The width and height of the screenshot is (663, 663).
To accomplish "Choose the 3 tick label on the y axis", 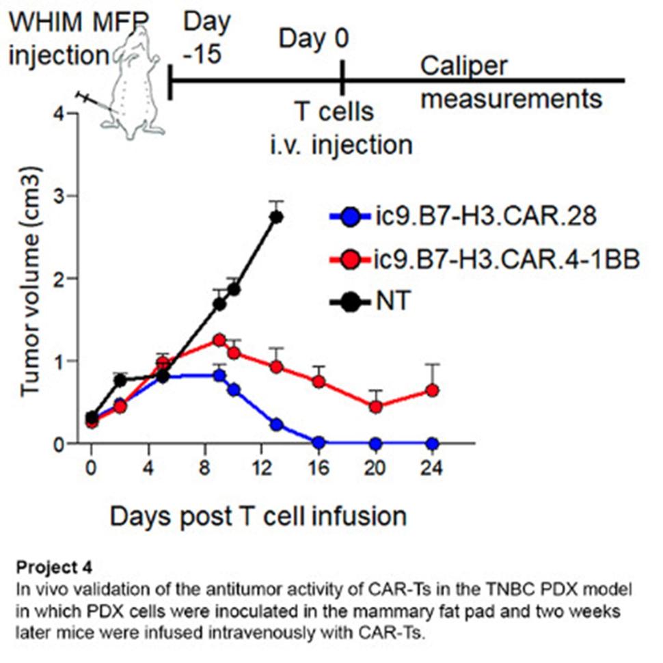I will coord(68,196).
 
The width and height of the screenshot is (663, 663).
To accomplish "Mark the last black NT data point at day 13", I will coord(277,217).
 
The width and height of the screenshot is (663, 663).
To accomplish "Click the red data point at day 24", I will coord(432,390).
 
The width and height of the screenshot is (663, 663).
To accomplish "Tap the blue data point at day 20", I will coord(375,444).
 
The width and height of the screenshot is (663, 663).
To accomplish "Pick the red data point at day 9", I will coord(219,340).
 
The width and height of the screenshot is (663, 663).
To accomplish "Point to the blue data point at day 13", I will coord(277,424).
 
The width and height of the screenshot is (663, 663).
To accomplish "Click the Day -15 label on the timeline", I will coord(206,38).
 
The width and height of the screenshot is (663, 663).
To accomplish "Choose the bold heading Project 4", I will coord(52,567).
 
